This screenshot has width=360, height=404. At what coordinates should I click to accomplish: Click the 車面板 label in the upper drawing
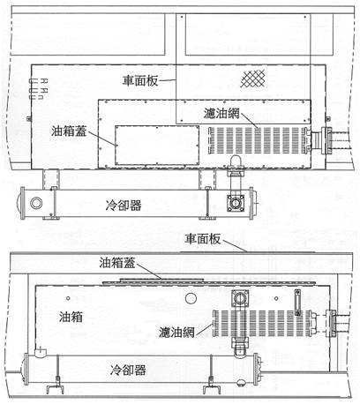140,80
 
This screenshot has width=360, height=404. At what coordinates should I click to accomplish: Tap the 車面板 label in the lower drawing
203,239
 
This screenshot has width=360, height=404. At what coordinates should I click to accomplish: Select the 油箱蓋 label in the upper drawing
69,131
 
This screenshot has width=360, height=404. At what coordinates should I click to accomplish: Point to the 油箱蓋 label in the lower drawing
117,263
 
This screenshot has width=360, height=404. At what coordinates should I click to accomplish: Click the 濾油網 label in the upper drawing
221,114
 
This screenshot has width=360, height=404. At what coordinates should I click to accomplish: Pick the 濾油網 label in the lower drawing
176,333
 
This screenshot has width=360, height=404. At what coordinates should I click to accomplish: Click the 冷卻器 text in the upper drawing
124,206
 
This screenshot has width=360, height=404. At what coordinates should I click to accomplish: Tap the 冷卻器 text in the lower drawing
128,370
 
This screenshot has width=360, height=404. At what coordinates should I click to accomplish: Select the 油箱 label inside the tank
71,317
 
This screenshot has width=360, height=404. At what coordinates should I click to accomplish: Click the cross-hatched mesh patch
252,79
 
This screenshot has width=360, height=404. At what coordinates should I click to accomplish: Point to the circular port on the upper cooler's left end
36,203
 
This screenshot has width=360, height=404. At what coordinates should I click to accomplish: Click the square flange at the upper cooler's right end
236,203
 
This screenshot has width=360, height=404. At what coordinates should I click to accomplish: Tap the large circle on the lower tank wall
191,298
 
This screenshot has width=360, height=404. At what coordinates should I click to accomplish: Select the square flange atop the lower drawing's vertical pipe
241,299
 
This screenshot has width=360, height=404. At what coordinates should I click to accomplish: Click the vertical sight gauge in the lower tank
297,303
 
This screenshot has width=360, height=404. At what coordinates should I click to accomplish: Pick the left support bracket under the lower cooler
56,385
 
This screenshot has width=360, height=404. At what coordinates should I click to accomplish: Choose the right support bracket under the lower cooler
212,385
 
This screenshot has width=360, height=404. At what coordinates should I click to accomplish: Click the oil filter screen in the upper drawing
259,140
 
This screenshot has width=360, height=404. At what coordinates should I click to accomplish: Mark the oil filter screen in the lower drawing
263,323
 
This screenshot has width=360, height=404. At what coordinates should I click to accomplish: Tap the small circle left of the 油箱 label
68,298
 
